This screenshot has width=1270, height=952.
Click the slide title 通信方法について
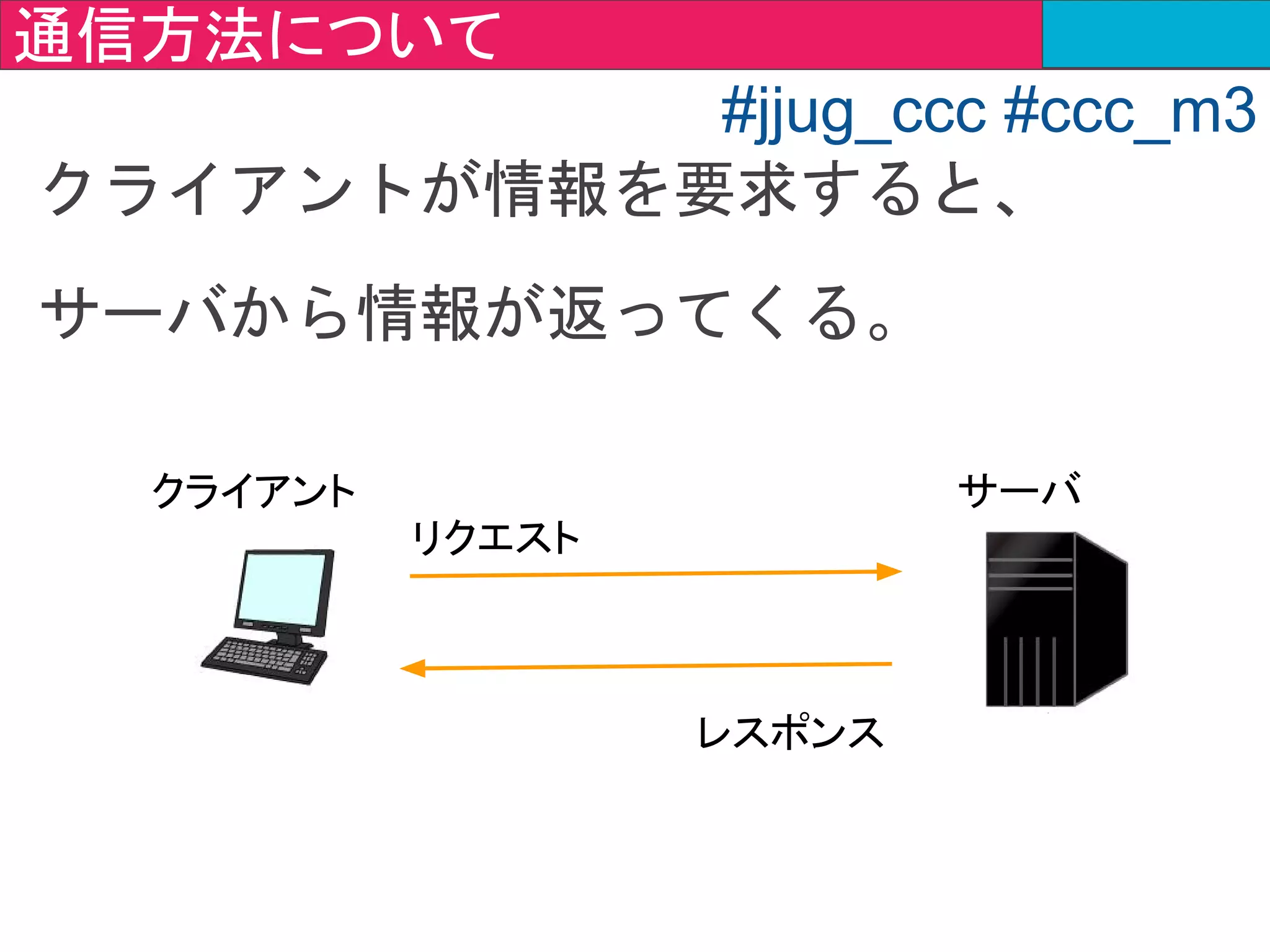click(x=257, y=35)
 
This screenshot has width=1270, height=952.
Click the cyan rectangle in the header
click(x=1155, y=33)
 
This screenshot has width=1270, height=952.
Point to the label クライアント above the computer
click(x=254, y=491)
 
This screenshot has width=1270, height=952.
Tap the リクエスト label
click(x=495, y=537)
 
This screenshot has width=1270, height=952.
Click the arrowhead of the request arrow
click(x=889, y=571)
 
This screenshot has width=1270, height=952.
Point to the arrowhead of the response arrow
click(x=413, y=668)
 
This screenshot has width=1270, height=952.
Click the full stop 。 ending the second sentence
click(x=879, y=330)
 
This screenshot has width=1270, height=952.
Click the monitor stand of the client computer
click(x=287, y=638)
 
